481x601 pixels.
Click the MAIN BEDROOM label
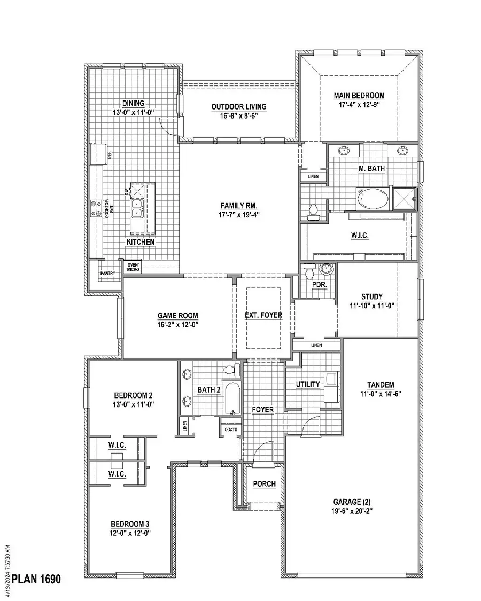(x=359, y=96)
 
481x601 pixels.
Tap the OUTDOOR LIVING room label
(x=239, y=107)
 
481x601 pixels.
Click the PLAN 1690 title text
(x=37, y=579)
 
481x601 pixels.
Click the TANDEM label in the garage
(x=381, y=385)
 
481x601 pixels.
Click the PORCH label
(x=265, y=484)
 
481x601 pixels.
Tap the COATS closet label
(x=231, y=429)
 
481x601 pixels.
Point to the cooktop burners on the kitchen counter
(x=96, y=208)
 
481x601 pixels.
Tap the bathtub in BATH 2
(x=232, y=398)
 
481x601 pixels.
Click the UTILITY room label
(x=307, y=384)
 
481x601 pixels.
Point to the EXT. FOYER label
(x=263, y=315)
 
